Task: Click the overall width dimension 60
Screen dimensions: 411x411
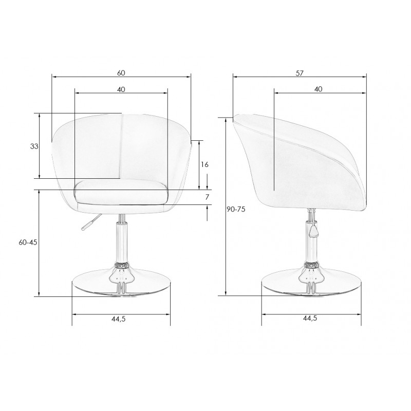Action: click(121, 73)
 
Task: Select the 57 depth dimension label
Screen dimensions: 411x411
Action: click(300, 73)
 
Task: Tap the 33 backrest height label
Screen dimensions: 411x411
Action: click(34, 146)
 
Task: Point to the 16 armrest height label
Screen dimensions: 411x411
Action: click(204, 164)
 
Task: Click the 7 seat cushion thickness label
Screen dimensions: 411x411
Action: click(207, 197)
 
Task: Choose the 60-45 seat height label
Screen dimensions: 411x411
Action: click(28, 242)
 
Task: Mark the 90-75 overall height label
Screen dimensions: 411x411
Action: click(236, 209)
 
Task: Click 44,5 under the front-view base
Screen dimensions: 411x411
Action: click(119, 319)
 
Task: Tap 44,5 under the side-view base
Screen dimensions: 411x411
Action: click(310, 318)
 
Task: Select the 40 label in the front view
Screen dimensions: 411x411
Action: click(121, 89)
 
